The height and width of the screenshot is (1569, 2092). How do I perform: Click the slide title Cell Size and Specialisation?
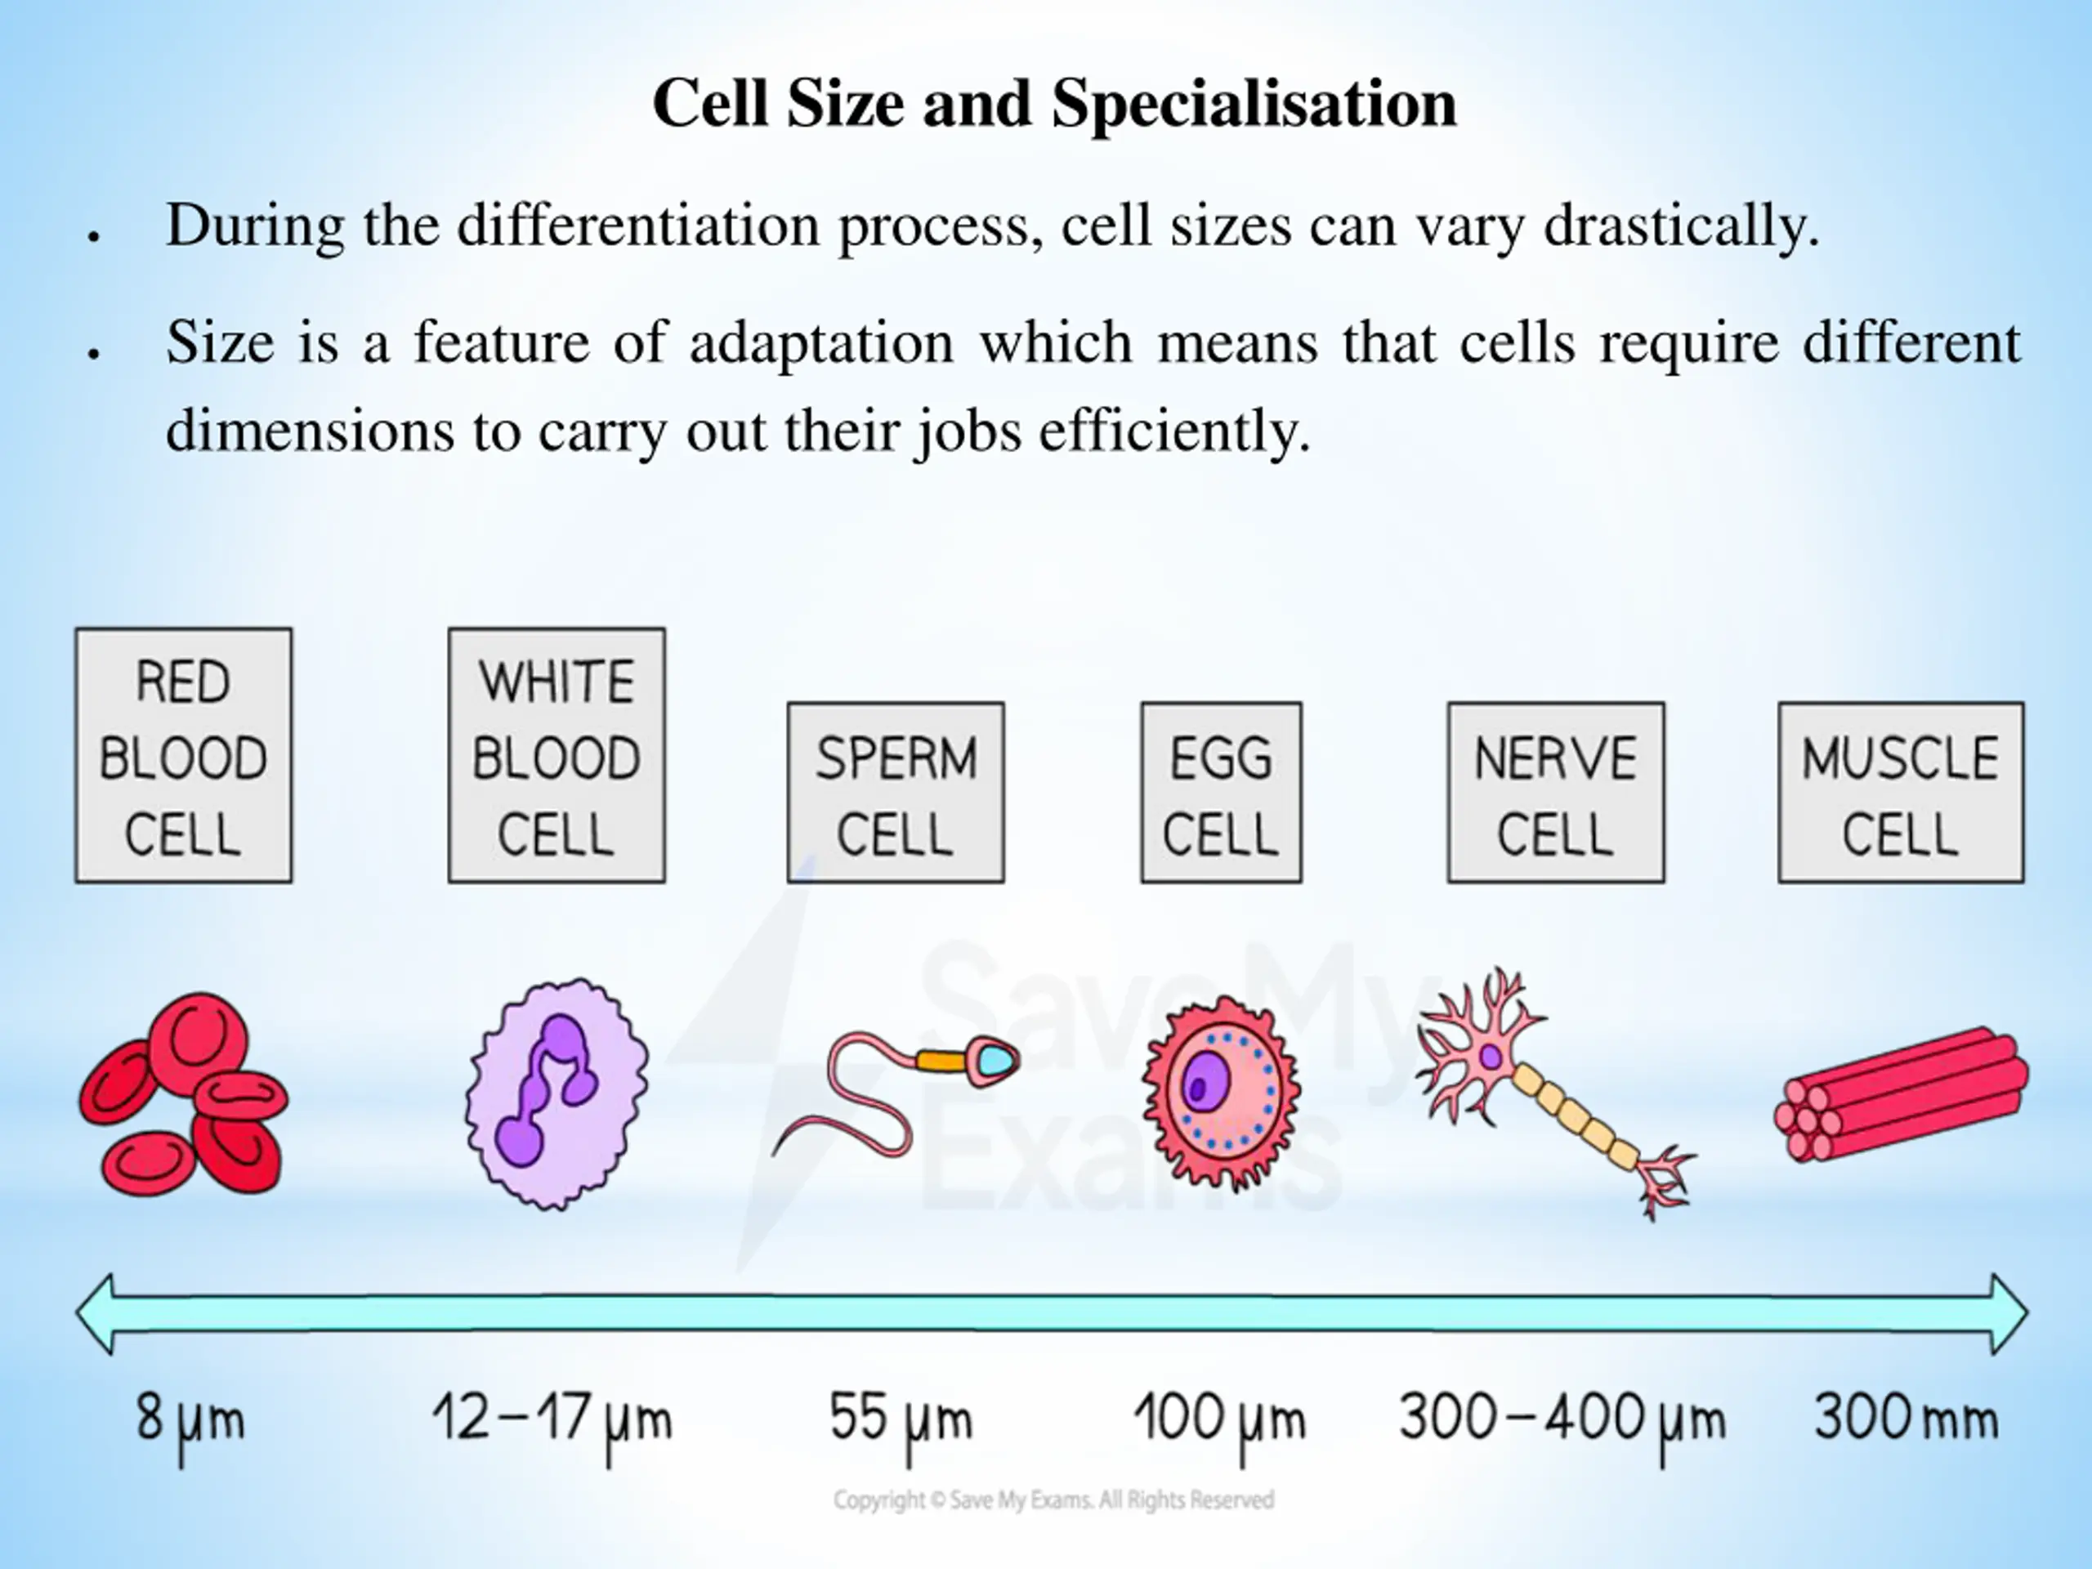click(x=1053, y=103)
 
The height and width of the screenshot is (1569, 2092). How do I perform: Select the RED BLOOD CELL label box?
click(x=184, y=756)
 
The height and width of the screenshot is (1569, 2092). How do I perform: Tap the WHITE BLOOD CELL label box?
click(x=557, y=756)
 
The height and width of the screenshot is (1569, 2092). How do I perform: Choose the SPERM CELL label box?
click(x=896, y=793)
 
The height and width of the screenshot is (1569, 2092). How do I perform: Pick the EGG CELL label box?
click(x=1221, y=793)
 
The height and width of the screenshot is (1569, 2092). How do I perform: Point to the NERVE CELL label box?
click(x=1556, y=793)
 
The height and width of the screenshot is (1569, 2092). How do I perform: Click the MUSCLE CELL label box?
click(x=1901, y=793)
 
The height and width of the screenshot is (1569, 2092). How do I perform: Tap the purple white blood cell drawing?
click(x=557, y=1094)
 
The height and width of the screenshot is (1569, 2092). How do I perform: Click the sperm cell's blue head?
click(x=995, y=1060)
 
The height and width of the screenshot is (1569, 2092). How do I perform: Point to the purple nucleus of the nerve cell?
click(x=1491, y=1056)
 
